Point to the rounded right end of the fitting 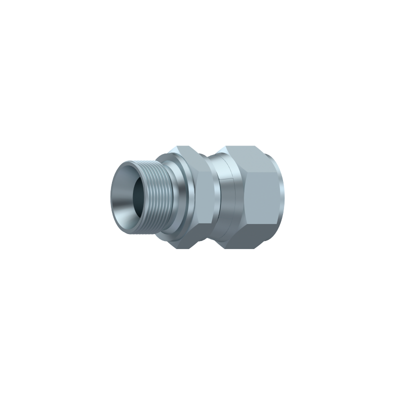click(280, 198)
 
